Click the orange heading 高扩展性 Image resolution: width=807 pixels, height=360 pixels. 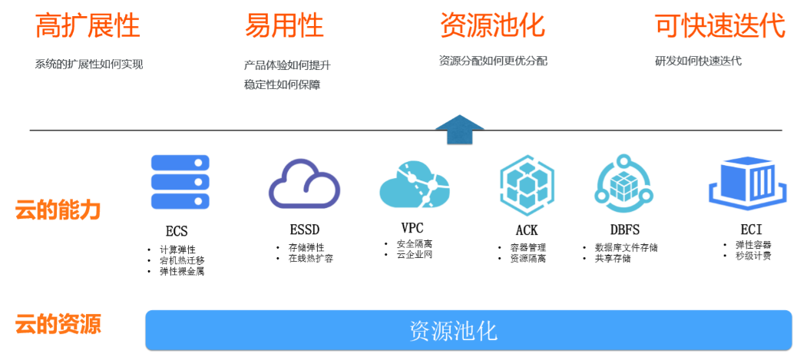click(88, 26)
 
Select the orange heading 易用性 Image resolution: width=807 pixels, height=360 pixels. click(284, 26)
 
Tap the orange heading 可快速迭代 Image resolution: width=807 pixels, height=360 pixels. click(719, 26)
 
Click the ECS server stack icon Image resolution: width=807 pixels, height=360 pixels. click(180, 183)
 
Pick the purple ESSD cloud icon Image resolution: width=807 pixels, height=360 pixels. click(304, 185)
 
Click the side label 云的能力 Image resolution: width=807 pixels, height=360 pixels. click(58, 210)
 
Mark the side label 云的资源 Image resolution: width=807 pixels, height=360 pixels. click(58, 324)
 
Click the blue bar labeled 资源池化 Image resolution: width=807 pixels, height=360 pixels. click(468, 331)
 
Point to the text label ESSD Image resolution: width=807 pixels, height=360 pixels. click(305, 230)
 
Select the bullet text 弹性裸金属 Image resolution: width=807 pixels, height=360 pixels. click(182, 271)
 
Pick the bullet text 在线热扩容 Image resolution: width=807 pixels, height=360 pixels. click(310, 259)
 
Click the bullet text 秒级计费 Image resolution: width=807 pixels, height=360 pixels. click(753, 256)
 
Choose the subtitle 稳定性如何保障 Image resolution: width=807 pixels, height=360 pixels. click(282, 84)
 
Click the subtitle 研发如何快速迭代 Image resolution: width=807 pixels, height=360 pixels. click(698, 61)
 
